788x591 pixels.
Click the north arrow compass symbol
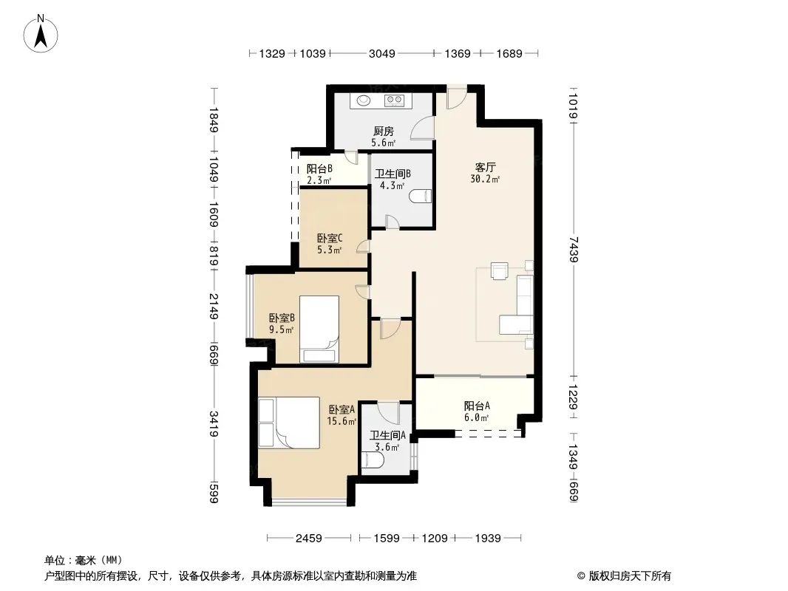click(41, 34)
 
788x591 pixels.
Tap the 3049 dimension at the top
click(382, 53)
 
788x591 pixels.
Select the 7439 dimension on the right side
click(574, 249)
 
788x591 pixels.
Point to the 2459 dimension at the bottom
click(308, 539)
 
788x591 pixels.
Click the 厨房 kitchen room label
click(384, 131)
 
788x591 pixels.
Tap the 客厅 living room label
click(486, 167)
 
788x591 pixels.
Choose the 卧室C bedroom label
click(330, 238)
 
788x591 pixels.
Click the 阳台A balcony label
click(477, 406)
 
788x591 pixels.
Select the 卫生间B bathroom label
click(393, 174)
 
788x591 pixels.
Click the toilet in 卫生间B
click(421, 197)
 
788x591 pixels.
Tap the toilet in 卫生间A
click(373, 460)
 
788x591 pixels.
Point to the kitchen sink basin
click(364, 100)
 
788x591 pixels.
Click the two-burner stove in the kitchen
click(394, 100)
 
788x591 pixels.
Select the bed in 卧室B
click(319, 329)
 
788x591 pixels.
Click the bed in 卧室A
click(290, 423)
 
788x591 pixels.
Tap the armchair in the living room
click(500, 270)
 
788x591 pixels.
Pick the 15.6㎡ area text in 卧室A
click(342, 421)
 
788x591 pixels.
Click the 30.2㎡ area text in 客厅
click(485, 179)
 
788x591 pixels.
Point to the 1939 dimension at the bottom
click(487, 539)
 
